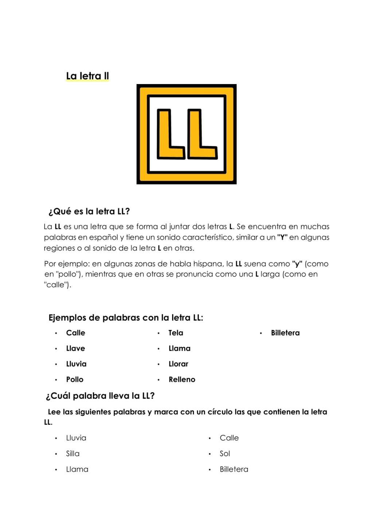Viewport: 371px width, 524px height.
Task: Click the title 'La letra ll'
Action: (87, 76)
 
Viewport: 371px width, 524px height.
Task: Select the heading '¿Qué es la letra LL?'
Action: (89, 211)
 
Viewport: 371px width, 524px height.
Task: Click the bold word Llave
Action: (75, 349)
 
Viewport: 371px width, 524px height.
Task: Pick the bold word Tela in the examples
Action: (176, 333)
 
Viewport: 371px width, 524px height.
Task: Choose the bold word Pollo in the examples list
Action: (75, 380)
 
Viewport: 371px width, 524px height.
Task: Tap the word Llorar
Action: (178, 364)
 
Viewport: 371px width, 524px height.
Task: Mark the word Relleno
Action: (182, 380)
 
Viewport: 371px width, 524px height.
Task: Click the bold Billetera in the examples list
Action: (285, 333)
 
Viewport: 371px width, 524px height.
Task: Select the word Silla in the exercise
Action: (73, 454)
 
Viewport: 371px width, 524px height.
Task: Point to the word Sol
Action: (224, 454)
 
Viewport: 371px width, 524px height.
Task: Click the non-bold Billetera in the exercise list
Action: (234, 469)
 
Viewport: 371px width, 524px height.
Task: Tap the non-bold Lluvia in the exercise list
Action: (76, 438)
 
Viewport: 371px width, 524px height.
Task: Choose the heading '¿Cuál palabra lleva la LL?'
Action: (100, 396)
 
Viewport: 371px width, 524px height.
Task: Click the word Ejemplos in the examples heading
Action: (67, 318)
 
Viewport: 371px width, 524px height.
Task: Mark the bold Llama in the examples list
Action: (179, 349)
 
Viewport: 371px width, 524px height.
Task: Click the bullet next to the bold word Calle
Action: (56, 333)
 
